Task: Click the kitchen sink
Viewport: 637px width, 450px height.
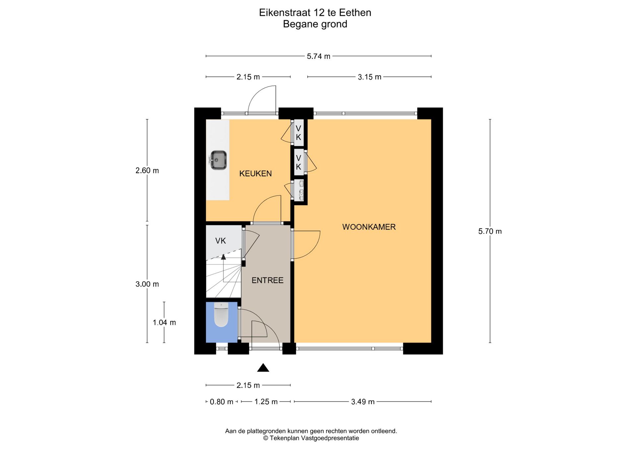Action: (219, 160)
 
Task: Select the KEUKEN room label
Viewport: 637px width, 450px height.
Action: (255, 173)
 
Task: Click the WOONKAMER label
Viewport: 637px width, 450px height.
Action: (369, 227)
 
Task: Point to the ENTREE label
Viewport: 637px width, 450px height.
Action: (267, 280)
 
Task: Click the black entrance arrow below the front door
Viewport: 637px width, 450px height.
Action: (263, 367)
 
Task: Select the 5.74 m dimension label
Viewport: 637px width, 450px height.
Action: (318, 56)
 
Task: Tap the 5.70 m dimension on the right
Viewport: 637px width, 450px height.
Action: (490, 231)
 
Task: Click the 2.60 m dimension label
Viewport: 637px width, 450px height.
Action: (147, 170)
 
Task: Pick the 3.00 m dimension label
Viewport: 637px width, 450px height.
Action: (147, 284)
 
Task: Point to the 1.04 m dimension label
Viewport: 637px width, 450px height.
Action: (164, 322)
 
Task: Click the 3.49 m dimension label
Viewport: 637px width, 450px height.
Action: (363, 402)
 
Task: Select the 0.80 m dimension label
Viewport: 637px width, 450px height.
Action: (222, 402)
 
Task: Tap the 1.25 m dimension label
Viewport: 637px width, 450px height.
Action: (266, 402)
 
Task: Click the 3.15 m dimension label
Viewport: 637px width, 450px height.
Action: (370, 77)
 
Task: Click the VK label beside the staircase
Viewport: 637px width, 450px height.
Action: (221, 241)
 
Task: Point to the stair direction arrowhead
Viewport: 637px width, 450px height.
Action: (223, 256)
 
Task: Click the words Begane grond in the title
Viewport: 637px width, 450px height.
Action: (315, 24)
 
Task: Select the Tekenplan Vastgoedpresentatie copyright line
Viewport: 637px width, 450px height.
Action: (311, 438)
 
